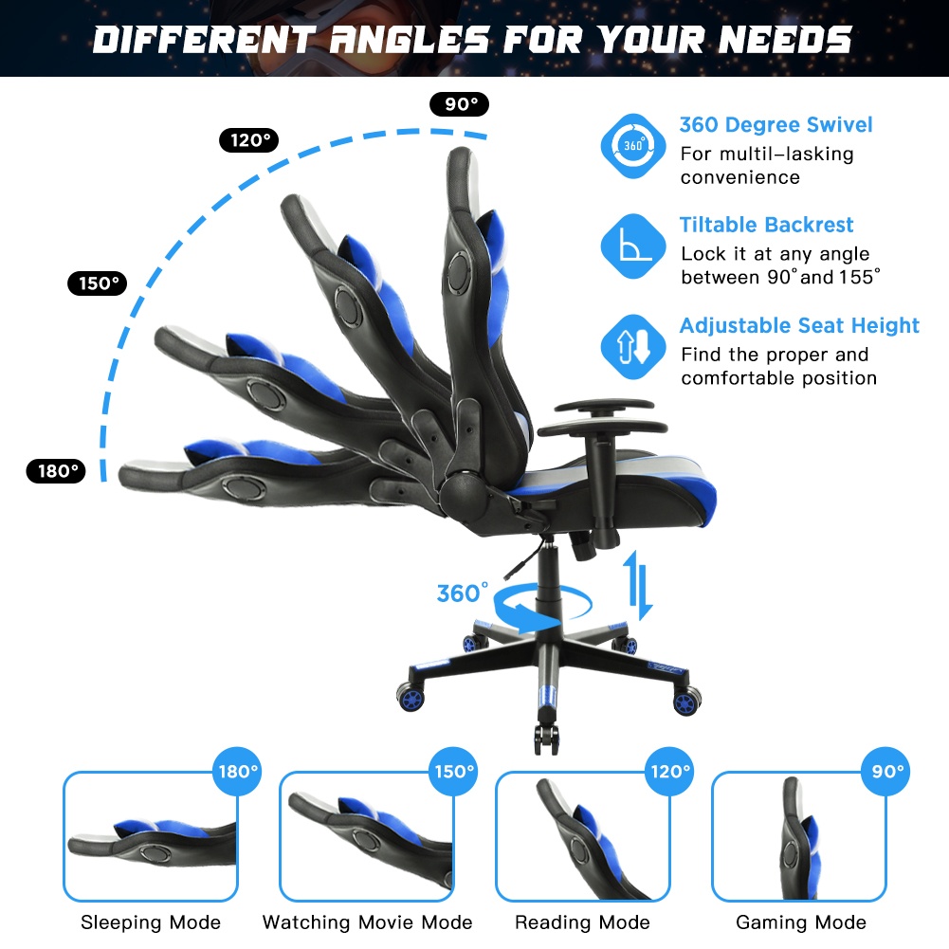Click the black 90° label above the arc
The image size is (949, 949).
click(460, 104)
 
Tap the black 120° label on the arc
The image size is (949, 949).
click(248, 140)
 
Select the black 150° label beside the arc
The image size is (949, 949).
click(97, 283)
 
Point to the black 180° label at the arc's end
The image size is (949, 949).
click(56, 471)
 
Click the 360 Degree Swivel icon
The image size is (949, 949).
click(633, 146)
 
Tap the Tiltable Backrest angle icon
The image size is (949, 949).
click(633, 246)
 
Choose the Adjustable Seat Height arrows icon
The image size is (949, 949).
click(633, 347)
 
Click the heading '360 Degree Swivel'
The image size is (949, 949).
click(776, 125)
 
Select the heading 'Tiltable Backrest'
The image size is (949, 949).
click(766, 225)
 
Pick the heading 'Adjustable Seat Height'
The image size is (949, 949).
click(799, 325)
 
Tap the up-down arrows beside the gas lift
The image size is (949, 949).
click(637, 585)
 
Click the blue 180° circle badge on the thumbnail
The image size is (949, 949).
click(237, 771)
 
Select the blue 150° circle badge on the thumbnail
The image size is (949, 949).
click(453, 771)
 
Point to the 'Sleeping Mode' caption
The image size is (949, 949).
click(151, 922)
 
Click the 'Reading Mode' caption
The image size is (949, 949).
click(582, 922)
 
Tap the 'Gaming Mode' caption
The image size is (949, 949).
click(801, 922)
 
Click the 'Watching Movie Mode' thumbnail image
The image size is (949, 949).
click(367, 836)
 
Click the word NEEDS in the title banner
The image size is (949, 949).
click(785, 39)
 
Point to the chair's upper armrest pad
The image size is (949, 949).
click(604, 406)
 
